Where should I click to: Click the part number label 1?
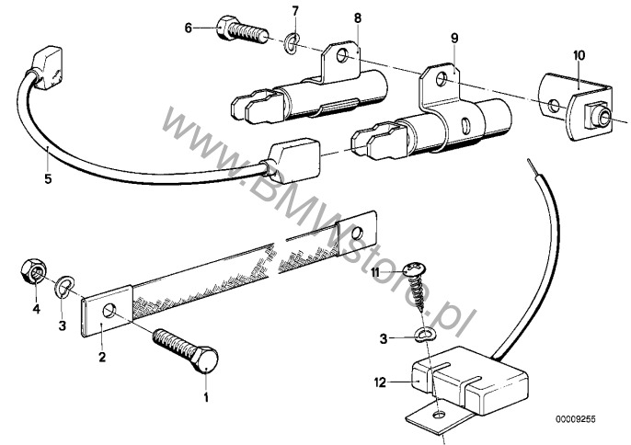[207, 398]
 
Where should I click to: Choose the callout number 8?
[357, 17]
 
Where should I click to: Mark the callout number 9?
[453, 38]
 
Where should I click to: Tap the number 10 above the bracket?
[578, 57]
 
